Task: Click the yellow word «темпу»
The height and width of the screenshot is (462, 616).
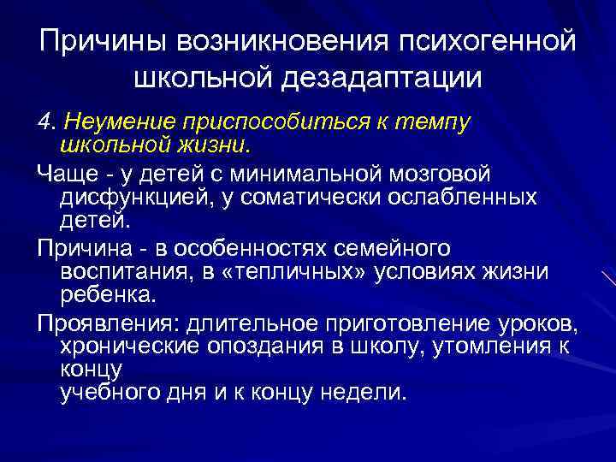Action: point(432,122)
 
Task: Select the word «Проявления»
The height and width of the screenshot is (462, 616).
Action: point(91,323)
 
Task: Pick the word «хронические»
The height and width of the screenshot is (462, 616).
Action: point(127,346)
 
